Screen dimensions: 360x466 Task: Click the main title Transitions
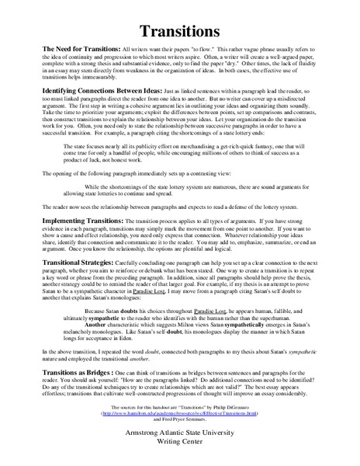pyautogui.click(x=179, y=31)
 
